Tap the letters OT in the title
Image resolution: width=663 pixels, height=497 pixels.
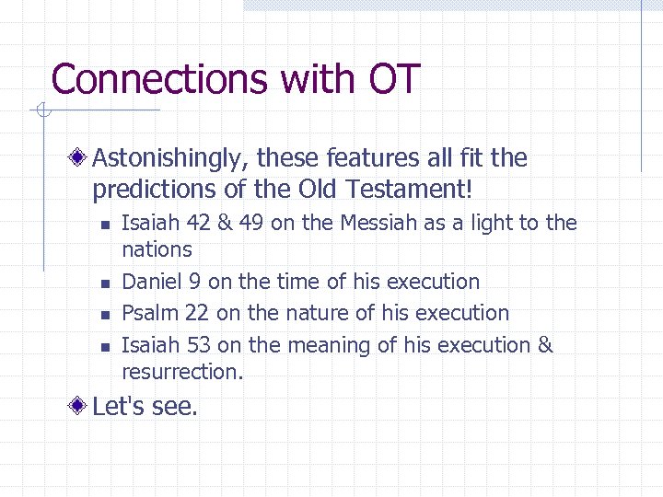[x=394, y=79]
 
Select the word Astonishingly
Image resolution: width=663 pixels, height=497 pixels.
[x=168, y=159]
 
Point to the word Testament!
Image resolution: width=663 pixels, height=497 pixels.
[x=412, y=190]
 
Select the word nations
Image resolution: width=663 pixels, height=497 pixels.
[x=157, y=249]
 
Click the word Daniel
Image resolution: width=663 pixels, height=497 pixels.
[x=150, y=282]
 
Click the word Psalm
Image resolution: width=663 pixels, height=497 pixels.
[x=149, y=313]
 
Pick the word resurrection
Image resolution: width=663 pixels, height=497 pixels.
[x=181, y=372]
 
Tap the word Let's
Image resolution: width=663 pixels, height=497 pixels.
[x=114, y=406]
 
